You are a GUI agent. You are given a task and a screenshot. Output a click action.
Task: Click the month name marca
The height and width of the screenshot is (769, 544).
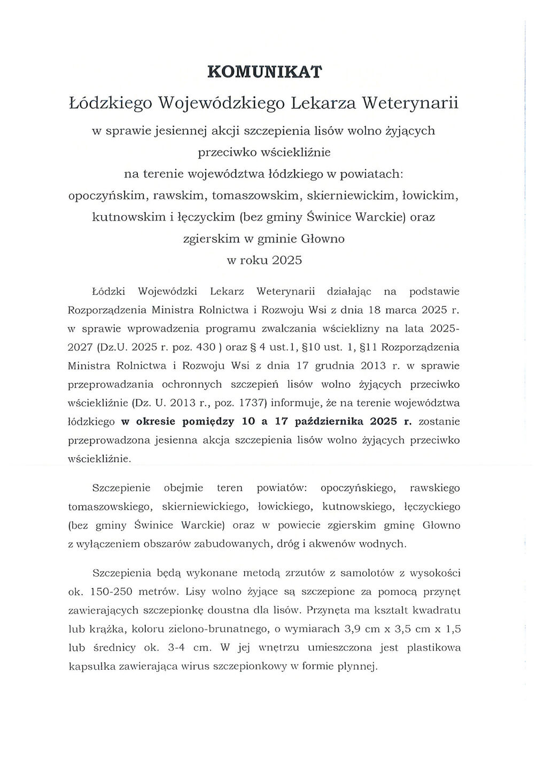tap(400, 310)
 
